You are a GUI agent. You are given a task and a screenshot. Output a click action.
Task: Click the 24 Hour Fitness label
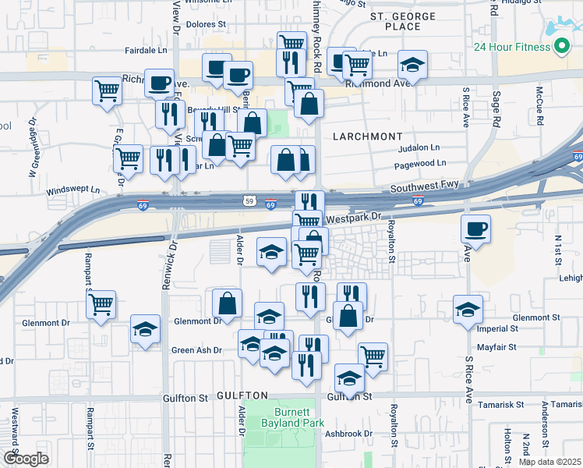click(511, 47)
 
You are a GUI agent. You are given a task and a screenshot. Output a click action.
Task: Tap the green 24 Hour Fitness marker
click(560, 47)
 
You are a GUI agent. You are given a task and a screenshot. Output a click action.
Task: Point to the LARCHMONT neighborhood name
click(367, 136)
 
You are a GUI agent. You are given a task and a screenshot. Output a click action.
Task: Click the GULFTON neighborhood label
click(242, 395)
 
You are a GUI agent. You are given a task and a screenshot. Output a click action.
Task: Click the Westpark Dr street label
click(354, 218)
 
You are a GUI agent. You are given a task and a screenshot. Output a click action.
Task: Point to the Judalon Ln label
click(419, 147)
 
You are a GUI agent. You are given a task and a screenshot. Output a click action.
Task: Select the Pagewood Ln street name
click(421, 163)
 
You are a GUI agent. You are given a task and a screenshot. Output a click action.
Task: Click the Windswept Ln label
click(73, 190)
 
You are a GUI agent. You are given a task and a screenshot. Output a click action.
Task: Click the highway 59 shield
click(247, 200)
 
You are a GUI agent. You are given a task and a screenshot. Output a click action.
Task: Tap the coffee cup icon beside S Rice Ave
click(475, 229)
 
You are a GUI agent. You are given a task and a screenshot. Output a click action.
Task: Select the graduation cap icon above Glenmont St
click(468, 310)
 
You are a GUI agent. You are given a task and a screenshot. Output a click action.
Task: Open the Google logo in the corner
click(25, 459)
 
